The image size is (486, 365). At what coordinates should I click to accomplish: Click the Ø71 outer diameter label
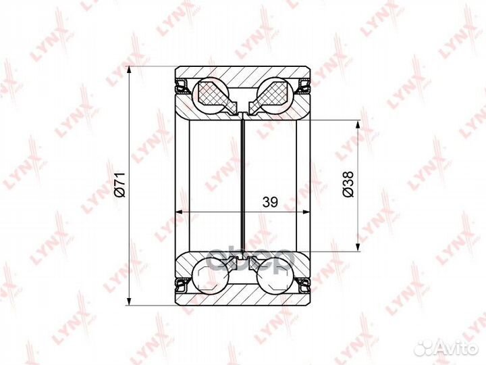click(119, 185)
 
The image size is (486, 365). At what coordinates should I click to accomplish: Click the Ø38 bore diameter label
click(347, 184)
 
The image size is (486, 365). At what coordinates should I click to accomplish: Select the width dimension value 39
click(270, 201)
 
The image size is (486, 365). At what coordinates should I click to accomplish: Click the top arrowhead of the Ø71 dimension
click(128, 72)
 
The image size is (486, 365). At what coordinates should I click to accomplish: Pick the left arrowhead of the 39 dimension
click(180, 212)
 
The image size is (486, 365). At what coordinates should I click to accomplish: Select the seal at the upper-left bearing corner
click(181, 86)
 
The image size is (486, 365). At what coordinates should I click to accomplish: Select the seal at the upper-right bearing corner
click(305, 86)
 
